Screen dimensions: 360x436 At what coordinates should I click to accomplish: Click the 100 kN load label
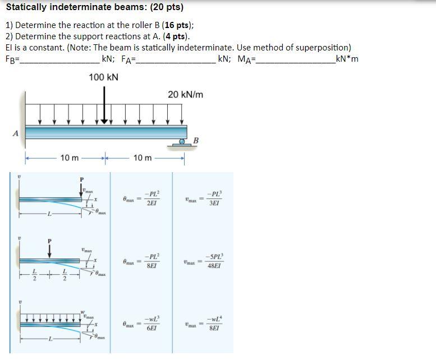(104, 77)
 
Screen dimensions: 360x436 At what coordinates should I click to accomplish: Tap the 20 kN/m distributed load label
(185, 95)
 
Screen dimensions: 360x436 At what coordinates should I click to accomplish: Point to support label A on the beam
(16, 133)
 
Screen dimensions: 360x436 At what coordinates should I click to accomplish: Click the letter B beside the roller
(196, 140)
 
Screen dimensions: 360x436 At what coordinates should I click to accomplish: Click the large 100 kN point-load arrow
(104, 107)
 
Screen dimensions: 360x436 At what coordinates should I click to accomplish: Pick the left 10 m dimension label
(70, 158)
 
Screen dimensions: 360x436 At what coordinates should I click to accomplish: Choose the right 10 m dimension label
(143, 158)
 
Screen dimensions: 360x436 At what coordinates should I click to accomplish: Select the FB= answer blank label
(12, 59)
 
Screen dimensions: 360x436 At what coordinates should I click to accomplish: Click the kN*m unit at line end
(346, 59)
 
